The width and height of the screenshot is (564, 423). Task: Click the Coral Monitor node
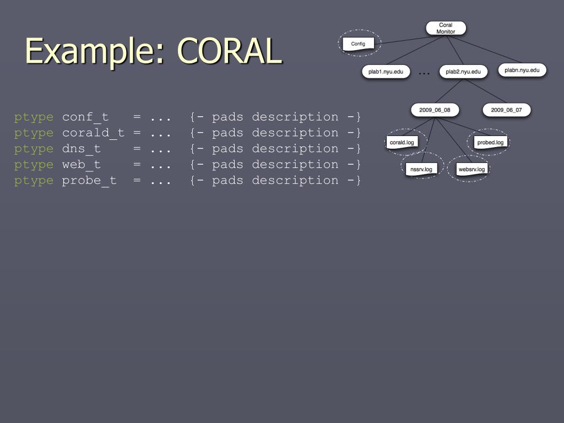pos(446,28)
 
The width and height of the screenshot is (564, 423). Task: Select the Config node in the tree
pos(358,44)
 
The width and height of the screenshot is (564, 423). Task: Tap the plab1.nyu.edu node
pos(386,72)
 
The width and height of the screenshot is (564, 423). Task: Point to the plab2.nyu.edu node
pos(463,72)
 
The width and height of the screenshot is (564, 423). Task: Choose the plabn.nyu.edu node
pos(522,70)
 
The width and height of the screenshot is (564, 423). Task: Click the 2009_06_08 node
pos(435,110)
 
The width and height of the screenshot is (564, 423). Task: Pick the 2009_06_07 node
pos(506,110)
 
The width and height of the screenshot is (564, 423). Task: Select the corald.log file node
pos(402,142)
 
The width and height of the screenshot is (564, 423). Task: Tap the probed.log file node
pos(490,142)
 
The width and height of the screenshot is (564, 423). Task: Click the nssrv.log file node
pos(421,169)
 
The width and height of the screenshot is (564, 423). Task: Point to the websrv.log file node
pos(471,169)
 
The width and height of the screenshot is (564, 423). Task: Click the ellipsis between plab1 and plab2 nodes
pos(424,72)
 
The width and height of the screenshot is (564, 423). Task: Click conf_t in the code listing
pos(85,117)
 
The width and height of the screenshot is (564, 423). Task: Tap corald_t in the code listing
pos(93,133)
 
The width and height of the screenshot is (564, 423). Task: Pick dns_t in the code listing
pos(82,149)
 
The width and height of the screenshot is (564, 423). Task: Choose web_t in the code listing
pos(82,165)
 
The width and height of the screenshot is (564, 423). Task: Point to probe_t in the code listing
pos(89,181)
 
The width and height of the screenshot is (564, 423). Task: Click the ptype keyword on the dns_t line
pos(34,149)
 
